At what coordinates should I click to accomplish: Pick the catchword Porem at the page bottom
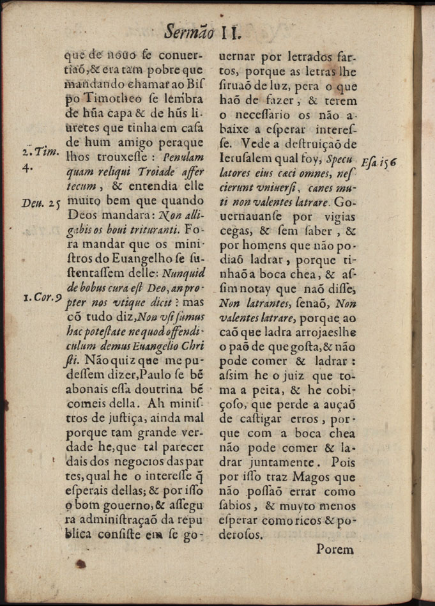point(335,548)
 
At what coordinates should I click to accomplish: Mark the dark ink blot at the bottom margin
point(80,564)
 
